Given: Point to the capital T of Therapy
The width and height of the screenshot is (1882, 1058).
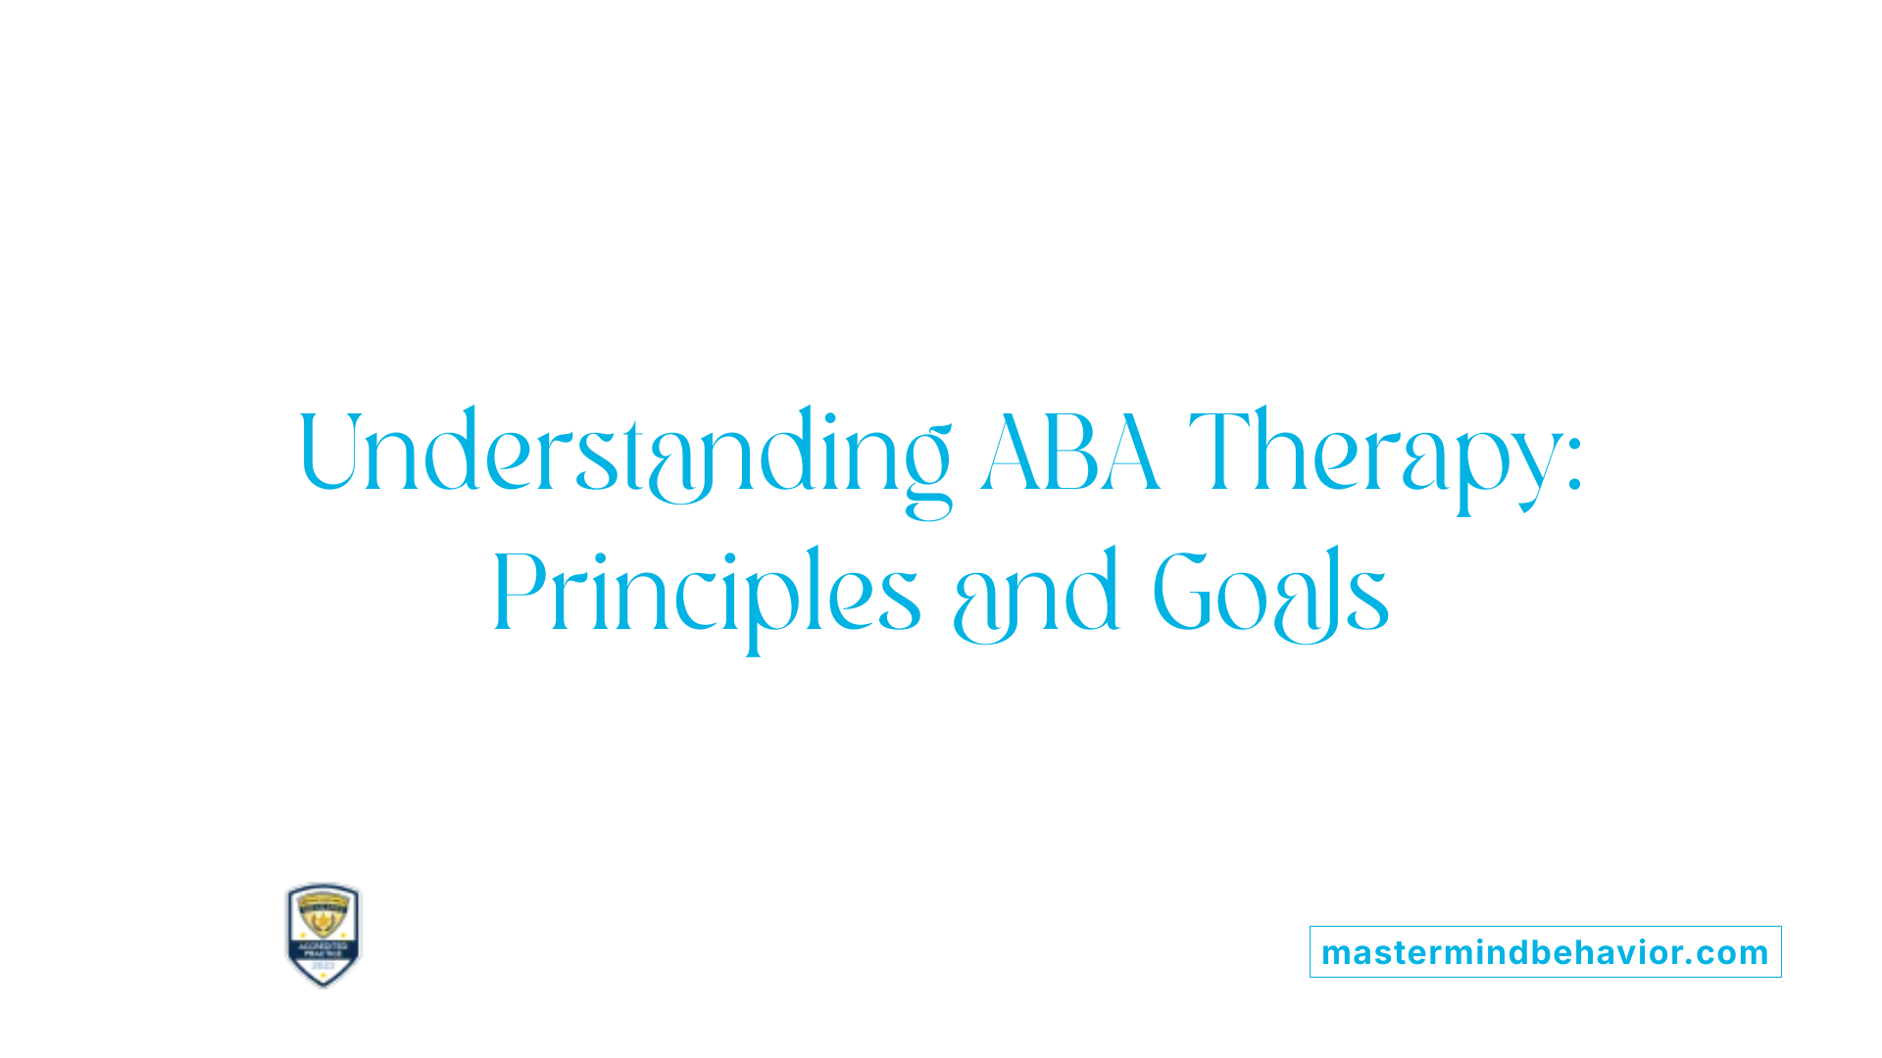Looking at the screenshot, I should (1218, 451).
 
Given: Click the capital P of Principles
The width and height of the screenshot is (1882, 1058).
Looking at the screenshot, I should (517, 591).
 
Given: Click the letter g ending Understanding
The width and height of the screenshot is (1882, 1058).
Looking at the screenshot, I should (926, 470).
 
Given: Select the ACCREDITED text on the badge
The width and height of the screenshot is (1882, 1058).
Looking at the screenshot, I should (322, 946).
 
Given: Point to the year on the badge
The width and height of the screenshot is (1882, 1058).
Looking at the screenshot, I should (322, 966).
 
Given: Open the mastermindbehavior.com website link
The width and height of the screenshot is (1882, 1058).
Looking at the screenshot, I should (1545, 952).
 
